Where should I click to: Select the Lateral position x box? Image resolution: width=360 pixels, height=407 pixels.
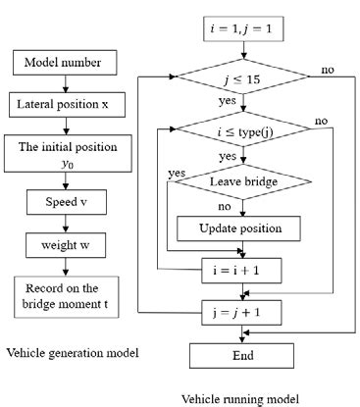point(65,102)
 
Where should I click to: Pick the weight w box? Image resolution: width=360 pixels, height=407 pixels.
point(65,246)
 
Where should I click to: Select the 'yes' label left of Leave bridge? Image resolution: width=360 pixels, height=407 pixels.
point(178,173)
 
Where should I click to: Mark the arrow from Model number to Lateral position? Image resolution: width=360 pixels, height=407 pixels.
point(65,83)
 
